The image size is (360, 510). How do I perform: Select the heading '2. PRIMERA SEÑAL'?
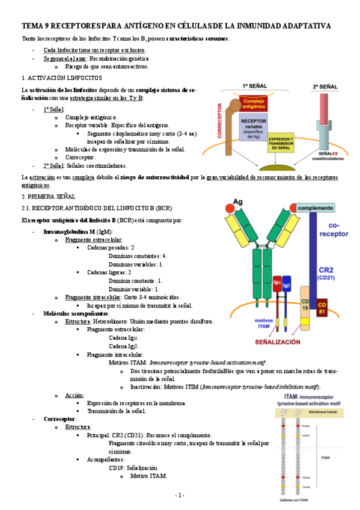point(47,196)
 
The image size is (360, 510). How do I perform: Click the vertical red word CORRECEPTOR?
point(220,123)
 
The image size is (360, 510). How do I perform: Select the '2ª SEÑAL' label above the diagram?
point(325,87)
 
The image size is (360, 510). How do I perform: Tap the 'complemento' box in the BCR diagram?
point(316,207)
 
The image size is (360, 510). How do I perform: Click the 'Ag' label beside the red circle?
point(238,201)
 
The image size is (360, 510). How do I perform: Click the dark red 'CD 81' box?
point(323,306)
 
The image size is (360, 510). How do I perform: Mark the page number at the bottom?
point(180,495)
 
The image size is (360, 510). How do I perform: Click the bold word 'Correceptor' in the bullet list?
point(59,419)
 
